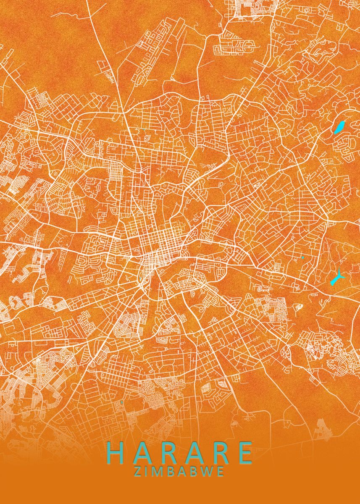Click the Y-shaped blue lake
pyautogui.click(x=337, y=278)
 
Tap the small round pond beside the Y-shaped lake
pyautogui.click(x=302, y=257)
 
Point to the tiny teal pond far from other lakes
pyautogui.click(x=121, y=402)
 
